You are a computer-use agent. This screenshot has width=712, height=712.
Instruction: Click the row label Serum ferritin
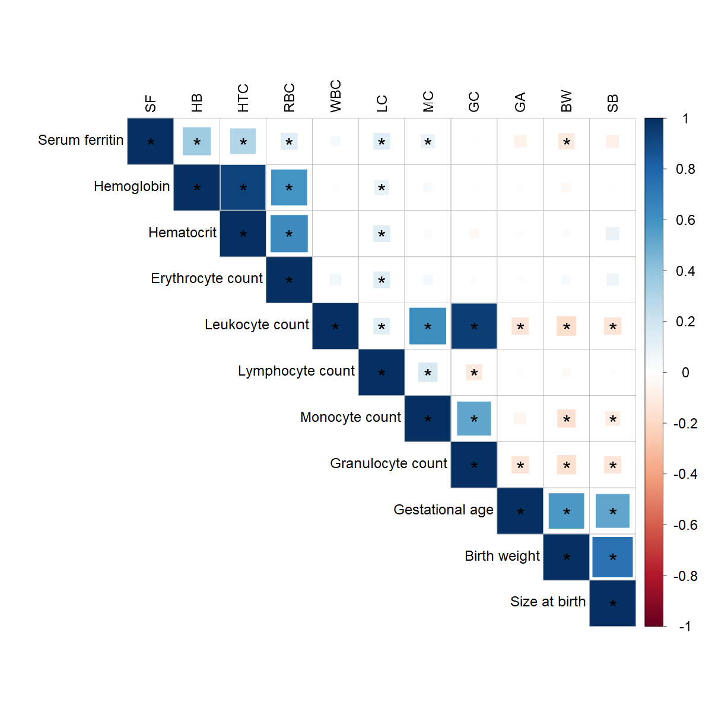click(x=81, y=140)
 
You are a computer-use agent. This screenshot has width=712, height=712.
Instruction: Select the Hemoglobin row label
click(x=132, y=186)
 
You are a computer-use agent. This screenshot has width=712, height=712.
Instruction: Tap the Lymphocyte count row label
click(x=296, y=371)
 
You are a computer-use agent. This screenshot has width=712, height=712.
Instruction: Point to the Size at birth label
click(x=548, y=602)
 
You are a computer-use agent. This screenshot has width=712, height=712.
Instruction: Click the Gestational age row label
click(x=443, y=510)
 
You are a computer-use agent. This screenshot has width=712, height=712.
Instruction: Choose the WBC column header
click(x=336, y=96)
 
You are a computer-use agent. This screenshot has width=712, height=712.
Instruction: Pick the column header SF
click(x=151, y=103)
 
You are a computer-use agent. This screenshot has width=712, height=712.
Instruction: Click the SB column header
click(x=613, y=103)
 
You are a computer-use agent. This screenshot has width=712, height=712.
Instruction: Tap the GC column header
click(x=474, y=102)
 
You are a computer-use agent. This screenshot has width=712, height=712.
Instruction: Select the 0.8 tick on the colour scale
click(x=685, y=170)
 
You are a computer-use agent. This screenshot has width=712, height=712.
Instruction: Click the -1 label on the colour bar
click(x=685, y=627)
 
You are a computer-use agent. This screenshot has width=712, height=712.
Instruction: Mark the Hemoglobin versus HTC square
click(x=243, y=187)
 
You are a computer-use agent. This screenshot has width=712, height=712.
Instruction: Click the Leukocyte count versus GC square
click(x=474, y=326)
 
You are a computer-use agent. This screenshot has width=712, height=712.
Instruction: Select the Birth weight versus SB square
click(x=613, y=557)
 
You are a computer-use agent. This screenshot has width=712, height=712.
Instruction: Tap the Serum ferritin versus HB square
click(x=197, y=141)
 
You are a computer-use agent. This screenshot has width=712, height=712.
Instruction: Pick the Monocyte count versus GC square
click(x=474, y=418)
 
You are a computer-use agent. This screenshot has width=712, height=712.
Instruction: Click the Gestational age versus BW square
click(x=567, y=511)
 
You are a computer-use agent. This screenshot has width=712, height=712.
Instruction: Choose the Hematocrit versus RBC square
click(x=290, y=234)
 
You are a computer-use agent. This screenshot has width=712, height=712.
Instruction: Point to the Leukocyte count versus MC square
click(x=428, y=326)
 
